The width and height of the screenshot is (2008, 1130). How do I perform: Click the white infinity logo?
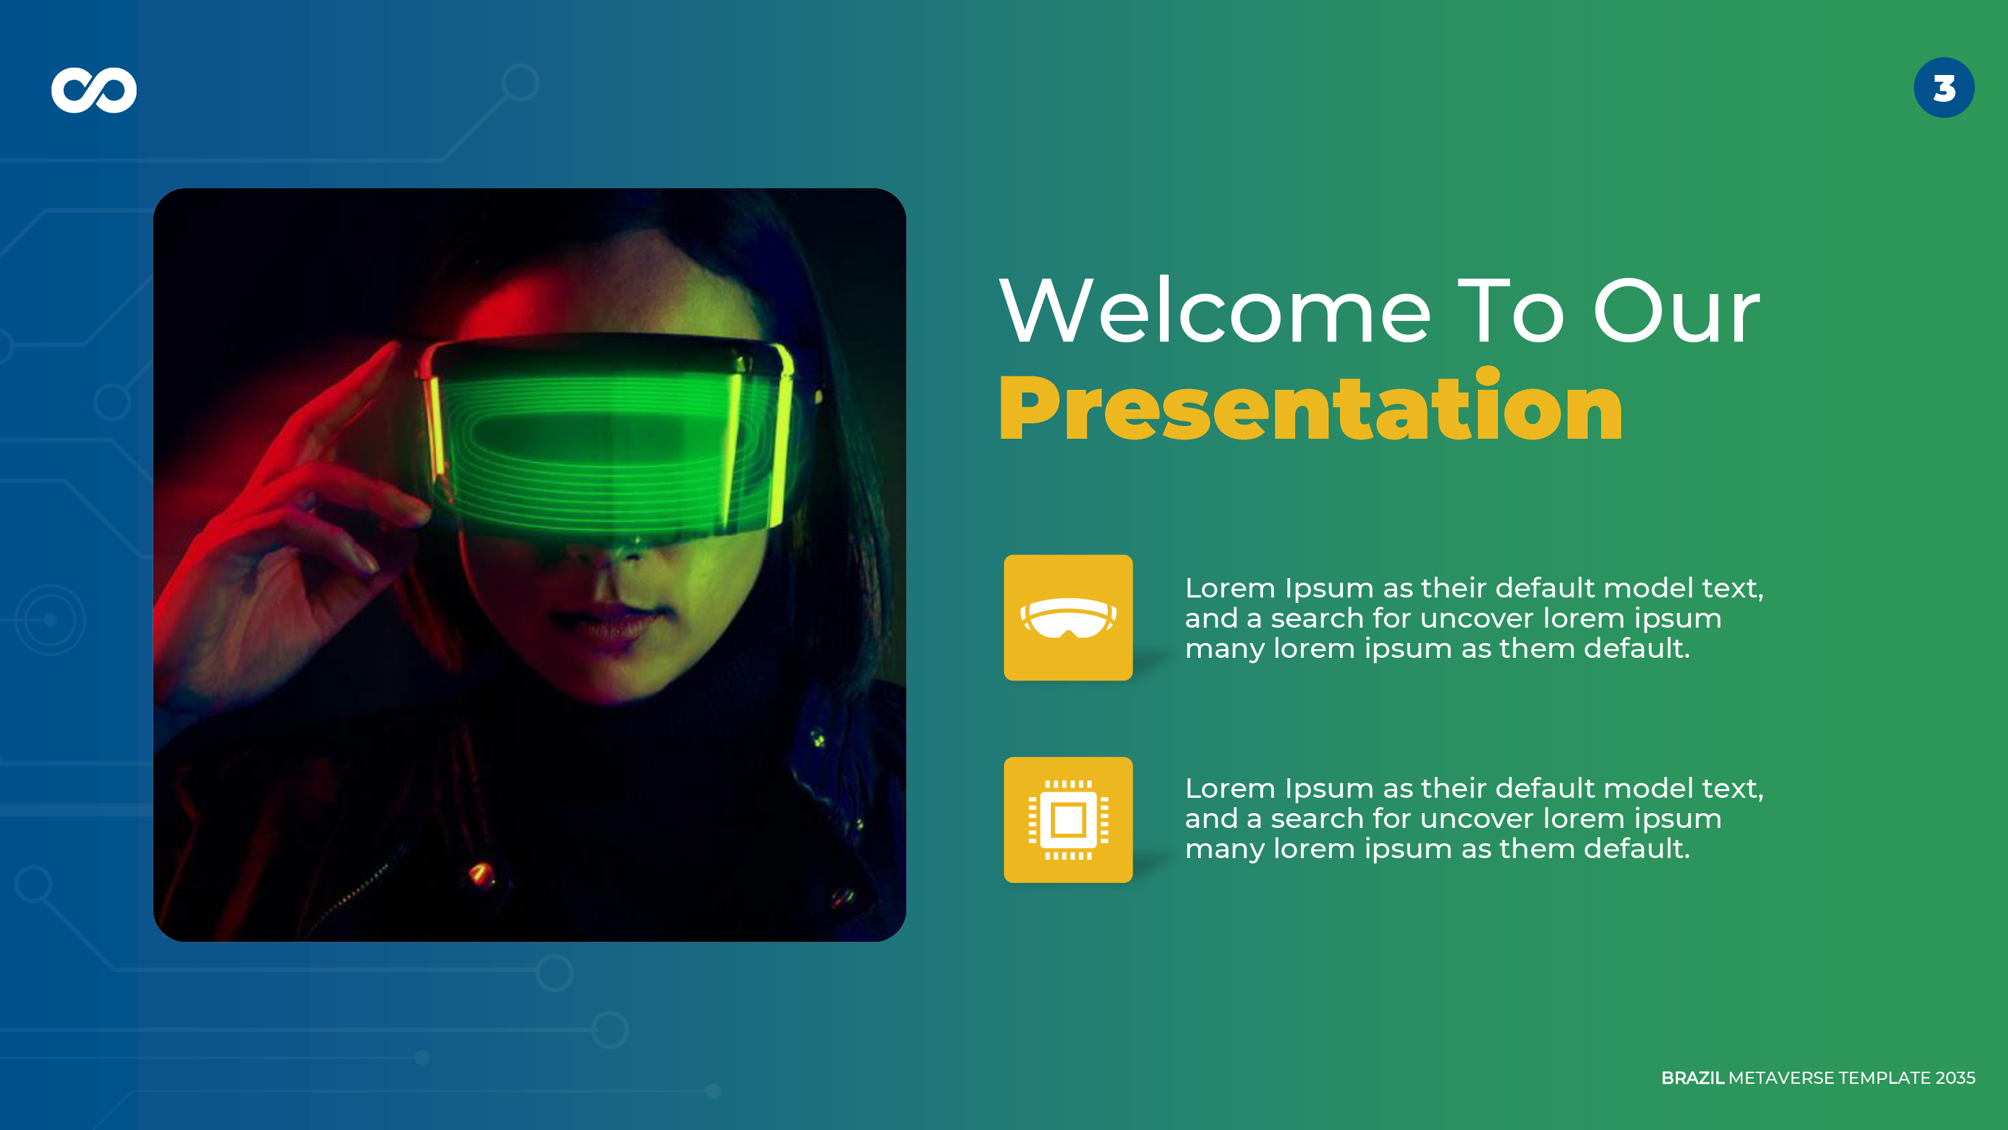(x=94, y=90)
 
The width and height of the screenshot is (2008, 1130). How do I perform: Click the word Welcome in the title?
(x=1214, y=312)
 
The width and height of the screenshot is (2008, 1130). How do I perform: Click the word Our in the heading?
(x=1676, y=312)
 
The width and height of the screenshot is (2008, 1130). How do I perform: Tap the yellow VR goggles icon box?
(x=1068, y=618)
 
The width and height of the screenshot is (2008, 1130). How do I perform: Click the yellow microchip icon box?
(x=1068, y=820)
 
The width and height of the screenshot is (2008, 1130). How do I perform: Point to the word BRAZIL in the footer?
(x=1691, y=1078)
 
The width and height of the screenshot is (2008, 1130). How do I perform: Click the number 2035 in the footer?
(x=1955, y=1078)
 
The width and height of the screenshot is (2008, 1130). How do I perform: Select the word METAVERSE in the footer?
(x=1781, y=1078)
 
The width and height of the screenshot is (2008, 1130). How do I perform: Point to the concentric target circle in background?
(x=50, y=620)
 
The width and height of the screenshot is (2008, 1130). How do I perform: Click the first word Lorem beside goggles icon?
(x=1230, y=588)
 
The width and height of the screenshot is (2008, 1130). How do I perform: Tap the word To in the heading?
(x=1511, y=312)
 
